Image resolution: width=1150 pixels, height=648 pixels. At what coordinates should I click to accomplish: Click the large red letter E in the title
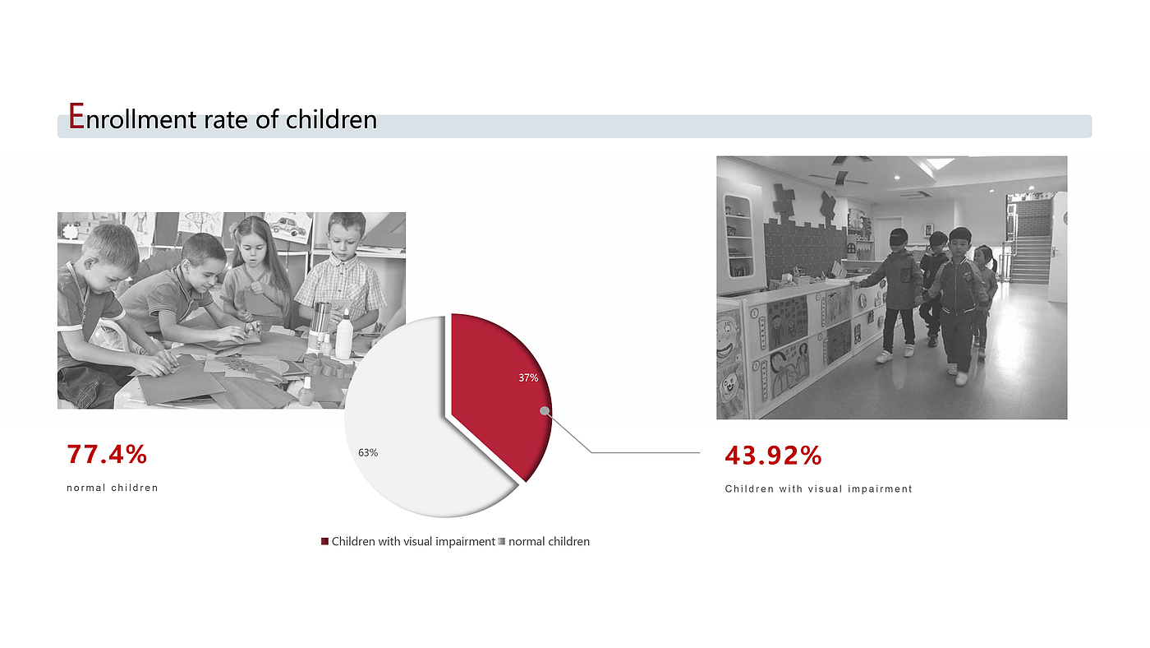pos(76,116)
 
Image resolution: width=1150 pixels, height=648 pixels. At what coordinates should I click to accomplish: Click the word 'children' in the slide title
pos(331,119)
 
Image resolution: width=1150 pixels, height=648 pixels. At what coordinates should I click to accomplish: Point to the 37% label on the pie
pos(528,377)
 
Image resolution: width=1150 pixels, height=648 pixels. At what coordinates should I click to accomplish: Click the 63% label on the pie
pos(368,453)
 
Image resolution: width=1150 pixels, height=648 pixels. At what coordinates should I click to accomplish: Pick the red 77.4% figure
pos(108,454)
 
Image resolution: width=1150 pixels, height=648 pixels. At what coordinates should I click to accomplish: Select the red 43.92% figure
pos(773,456)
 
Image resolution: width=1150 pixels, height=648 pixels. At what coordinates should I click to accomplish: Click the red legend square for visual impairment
pos(324,541)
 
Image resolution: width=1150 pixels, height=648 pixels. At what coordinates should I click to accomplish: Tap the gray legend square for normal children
pos(502,541)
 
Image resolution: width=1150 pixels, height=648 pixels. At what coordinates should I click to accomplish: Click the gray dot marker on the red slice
pos(545,410)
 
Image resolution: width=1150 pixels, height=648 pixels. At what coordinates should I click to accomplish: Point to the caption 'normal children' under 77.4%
pos(113,488)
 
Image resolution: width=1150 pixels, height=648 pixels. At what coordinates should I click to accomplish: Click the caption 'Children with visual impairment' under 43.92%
pos(818,488)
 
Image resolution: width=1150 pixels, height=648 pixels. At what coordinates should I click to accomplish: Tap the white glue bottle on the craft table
pos(343,335)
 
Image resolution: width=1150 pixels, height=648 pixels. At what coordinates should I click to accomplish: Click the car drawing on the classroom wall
pos(289,226)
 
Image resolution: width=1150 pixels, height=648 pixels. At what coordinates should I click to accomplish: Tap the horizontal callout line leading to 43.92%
pos(646,453)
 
